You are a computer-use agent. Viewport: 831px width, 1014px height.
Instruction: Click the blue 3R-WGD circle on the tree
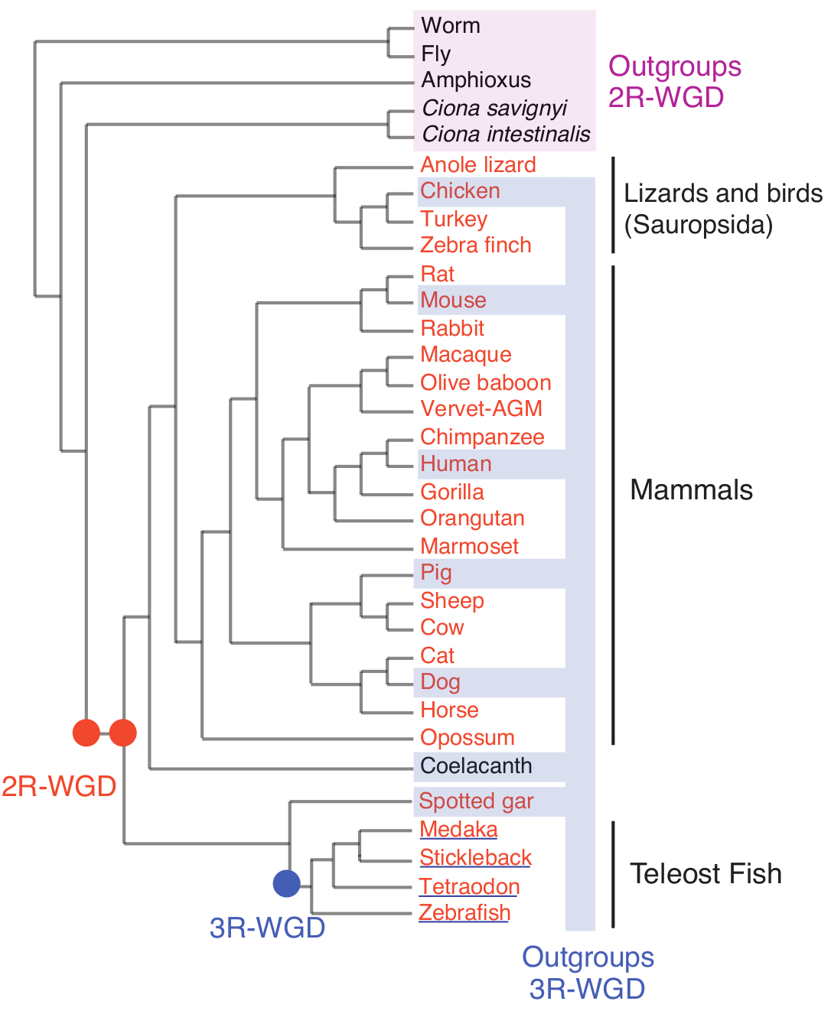287,883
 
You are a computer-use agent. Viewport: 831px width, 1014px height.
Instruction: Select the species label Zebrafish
464,912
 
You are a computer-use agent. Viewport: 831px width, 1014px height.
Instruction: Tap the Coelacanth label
476,765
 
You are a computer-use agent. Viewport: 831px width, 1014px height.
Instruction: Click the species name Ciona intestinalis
506,134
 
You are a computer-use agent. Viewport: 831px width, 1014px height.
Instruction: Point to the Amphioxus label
476,80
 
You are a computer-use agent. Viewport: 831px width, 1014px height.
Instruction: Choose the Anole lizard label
478,164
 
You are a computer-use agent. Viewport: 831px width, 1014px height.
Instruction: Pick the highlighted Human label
456,463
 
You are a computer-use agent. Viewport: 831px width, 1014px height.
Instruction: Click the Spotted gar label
476,801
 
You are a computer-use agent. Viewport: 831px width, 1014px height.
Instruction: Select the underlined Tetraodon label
469,886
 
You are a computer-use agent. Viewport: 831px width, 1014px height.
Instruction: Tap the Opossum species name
468,737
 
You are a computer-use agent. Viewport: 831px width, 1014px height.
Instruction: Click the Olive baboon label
486,382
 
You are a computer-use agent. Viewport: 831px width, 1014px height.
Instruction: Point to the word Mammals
691,489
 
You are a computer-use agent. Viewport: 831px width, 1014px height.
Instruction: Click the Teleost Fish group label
706,873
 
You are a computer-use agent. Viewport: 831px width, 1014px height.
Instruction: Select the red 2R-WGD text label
59,785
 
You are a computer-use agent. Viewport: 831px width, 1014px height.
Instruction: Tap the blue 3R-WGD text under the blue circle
267,928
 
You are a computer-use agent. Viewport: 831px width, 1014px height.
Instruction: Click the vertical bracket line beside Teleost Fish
613,874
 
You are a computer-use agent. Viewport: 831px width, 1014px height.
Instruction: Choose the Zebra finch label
476,245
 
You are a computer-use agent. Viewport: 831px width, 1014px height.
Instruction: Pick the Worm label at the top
451,25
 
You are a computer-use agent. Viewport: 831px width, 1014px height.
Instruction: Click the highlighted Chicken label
460,190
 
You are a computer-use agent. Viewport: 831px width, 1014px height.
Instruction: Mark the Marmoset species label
469,546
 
